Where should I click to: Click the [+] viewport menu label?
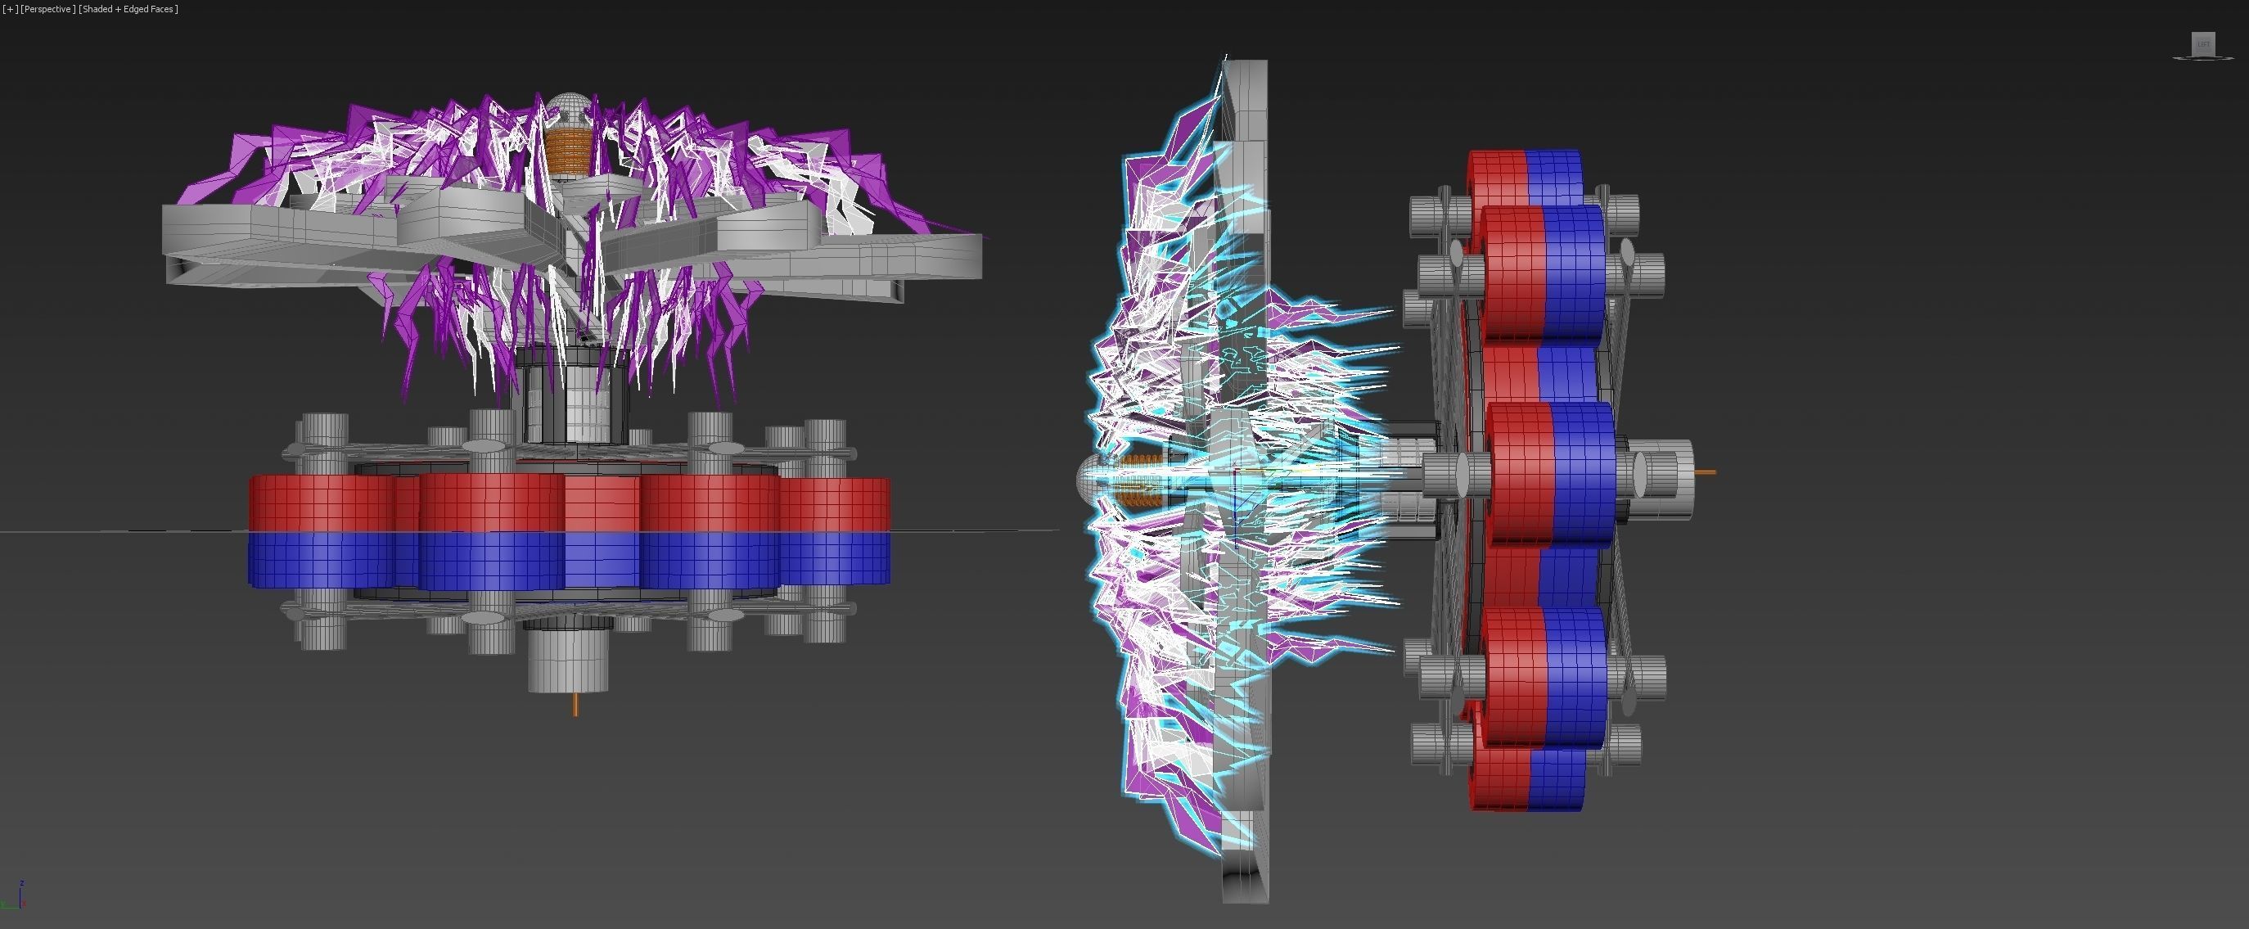click(10, 9)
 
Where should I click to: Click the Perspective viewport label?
click(47, 9)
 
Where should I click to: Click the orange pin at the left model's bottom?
click(575, 705)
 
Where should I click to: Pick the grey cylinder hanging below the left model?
click(567, 660)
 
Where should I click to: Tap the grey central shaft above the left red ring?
click(572, 393)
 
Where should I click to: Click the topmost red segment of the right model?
click(1499, 174)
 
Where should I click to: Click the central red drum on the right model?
click(1520, 471)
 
